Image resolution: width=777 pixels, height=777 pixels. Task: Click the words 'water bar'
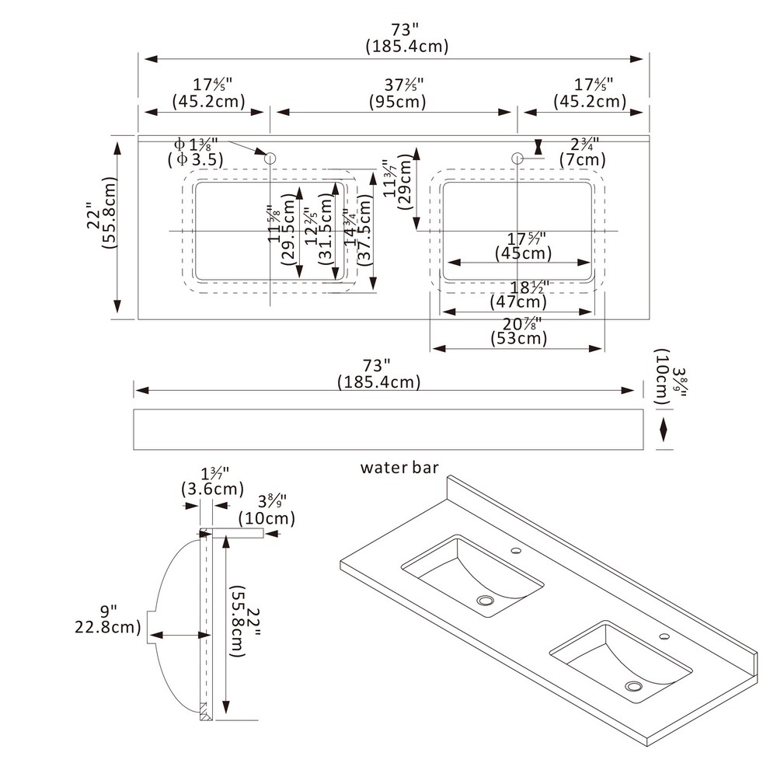point(399,468)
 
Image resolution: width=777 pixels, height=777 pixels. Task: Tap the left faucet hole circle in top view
point(270,159)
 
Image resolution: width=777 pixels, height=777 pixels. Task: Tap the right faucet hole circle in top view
point(517,159)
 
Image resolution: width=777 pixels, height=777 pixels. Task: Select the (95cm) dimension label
point(397,102)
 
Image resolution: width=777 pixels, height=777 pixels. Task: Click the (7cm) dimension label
point(583,159)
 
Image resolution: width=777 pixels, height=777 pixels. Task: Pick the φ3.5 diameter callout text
point(195,160)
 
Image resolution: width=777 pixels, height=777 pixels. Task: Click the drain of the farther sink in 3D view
point(486,601)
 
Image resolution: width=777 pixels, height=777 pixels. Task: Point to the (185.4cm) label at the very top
point(407,47)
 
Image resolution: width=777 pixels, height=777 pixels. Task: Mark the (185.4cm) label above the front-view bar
point(378,382)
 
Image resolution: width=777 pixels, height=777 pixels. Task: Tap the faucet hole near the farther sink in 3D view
point(515,551)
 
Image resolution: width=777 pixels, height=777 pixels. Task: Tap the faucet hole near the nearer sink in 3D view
point(664,636)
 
